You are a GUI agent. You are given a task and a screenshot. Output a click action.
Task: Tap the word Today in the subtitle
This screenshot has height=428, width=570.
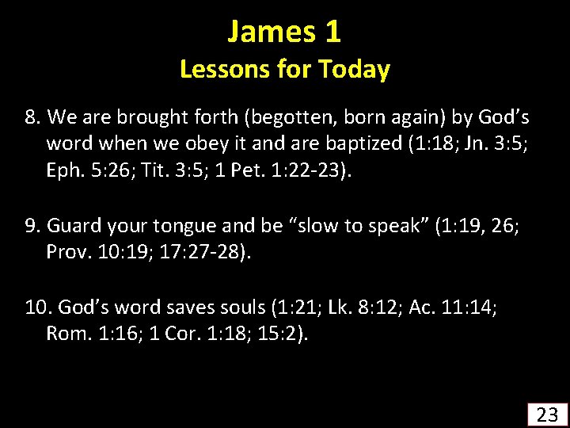(x=355, y=70)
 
